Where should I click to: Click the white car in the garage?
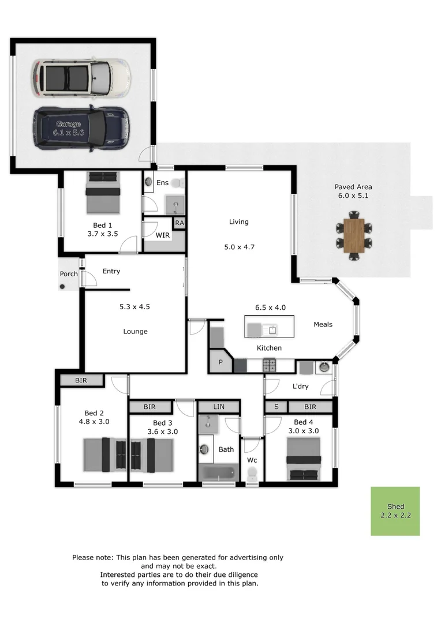pyautogui.click(x=81, y=78)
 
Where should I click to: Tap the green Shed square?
pyautogui.click(x=395, y=511)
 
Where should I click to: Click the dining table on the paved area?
pyautogui.click(x=353, y=235)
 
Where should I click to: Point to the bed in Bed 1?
pyautogui.click(x=104, y=193)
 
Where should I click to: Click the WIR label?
pyautogui.click(x=162, y=235)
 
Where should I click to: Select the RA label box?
pyautogui.click(x=180, y=223)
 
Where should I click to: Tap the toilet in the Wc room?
pyautogui.click(x=252, y=474)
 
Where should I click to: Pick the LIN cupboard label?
pyautogui.click(x=219, y=407)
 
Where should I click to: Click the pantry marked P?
pyautogui.click(x=220, y=363)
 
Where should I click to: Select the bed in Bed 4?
pyautogui.click(x=304, y=459)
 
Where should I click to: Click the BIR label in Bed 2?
pyautogui.click(x=81, y=380)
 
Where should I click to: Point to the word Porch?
pyautogui.click(x=69, y=273)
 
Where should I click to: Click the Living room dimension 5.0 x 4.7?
pyautogui.click(x=239, y=247)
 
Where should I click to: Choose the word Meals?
pyautogui.click(x=323, y=324)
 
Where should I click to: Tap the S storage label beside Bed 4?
pyautogui.click(x=276, y=407)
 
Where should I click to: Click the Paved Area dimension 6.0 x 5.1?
pyautogui.click(x=353, y=196)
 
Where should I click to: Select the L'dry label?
pyautogui.click(x=300, y=386)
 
